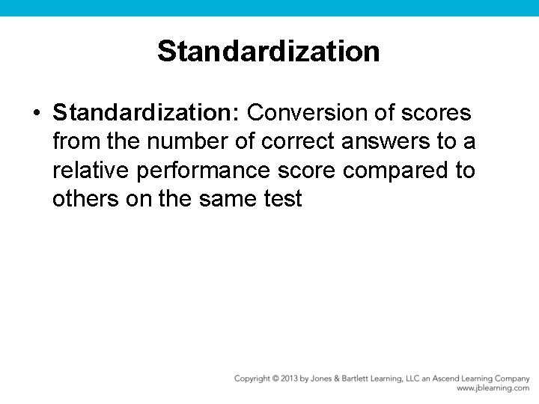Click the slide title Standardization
pos(269,52)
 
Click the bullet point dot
pos(36,114)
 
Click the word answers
pos(367,141)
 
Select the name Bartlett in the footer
pos(356,379)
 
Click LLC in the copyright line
pos(415,379)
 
